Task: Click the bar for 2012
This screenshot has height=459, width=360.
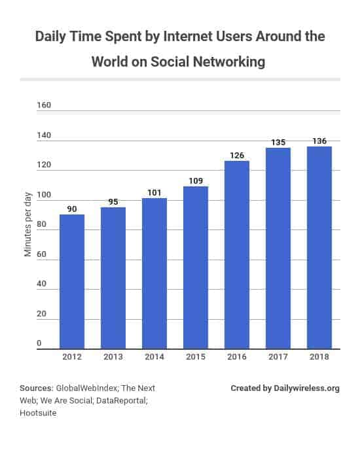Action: click(72, 281)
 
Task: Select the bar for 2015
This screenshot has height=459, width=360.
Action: click(196, 267)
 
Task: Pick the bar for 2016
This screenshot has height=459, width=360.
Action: click(237, 254)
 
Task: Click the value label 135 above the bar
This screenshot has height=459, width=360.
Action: click(278, 141)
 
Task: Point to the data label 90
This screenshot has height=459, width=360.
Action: click(72, 209)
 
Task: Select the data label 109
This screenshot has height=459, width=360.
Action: click(196, 180)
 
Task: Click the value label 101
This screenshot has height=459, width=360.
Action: click(154, 192)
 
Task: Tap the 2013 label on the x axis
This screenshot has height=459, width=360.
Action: click(113, 358)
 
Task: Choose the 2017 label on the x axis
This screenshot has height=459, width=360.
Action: click(278, 358)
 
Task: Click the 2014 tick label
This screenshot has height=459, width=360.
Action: click(154, 358)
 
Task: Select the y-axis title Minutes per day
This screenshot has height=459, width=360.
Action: click(28, 225)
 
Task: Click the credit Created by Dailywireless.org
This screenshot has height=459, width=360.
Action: click(285, 388)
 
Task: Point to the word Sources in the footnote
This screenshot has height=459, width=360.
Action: click(36, 388)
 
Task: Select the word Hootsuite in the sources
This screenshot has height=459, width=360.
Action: click(38, 413)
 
